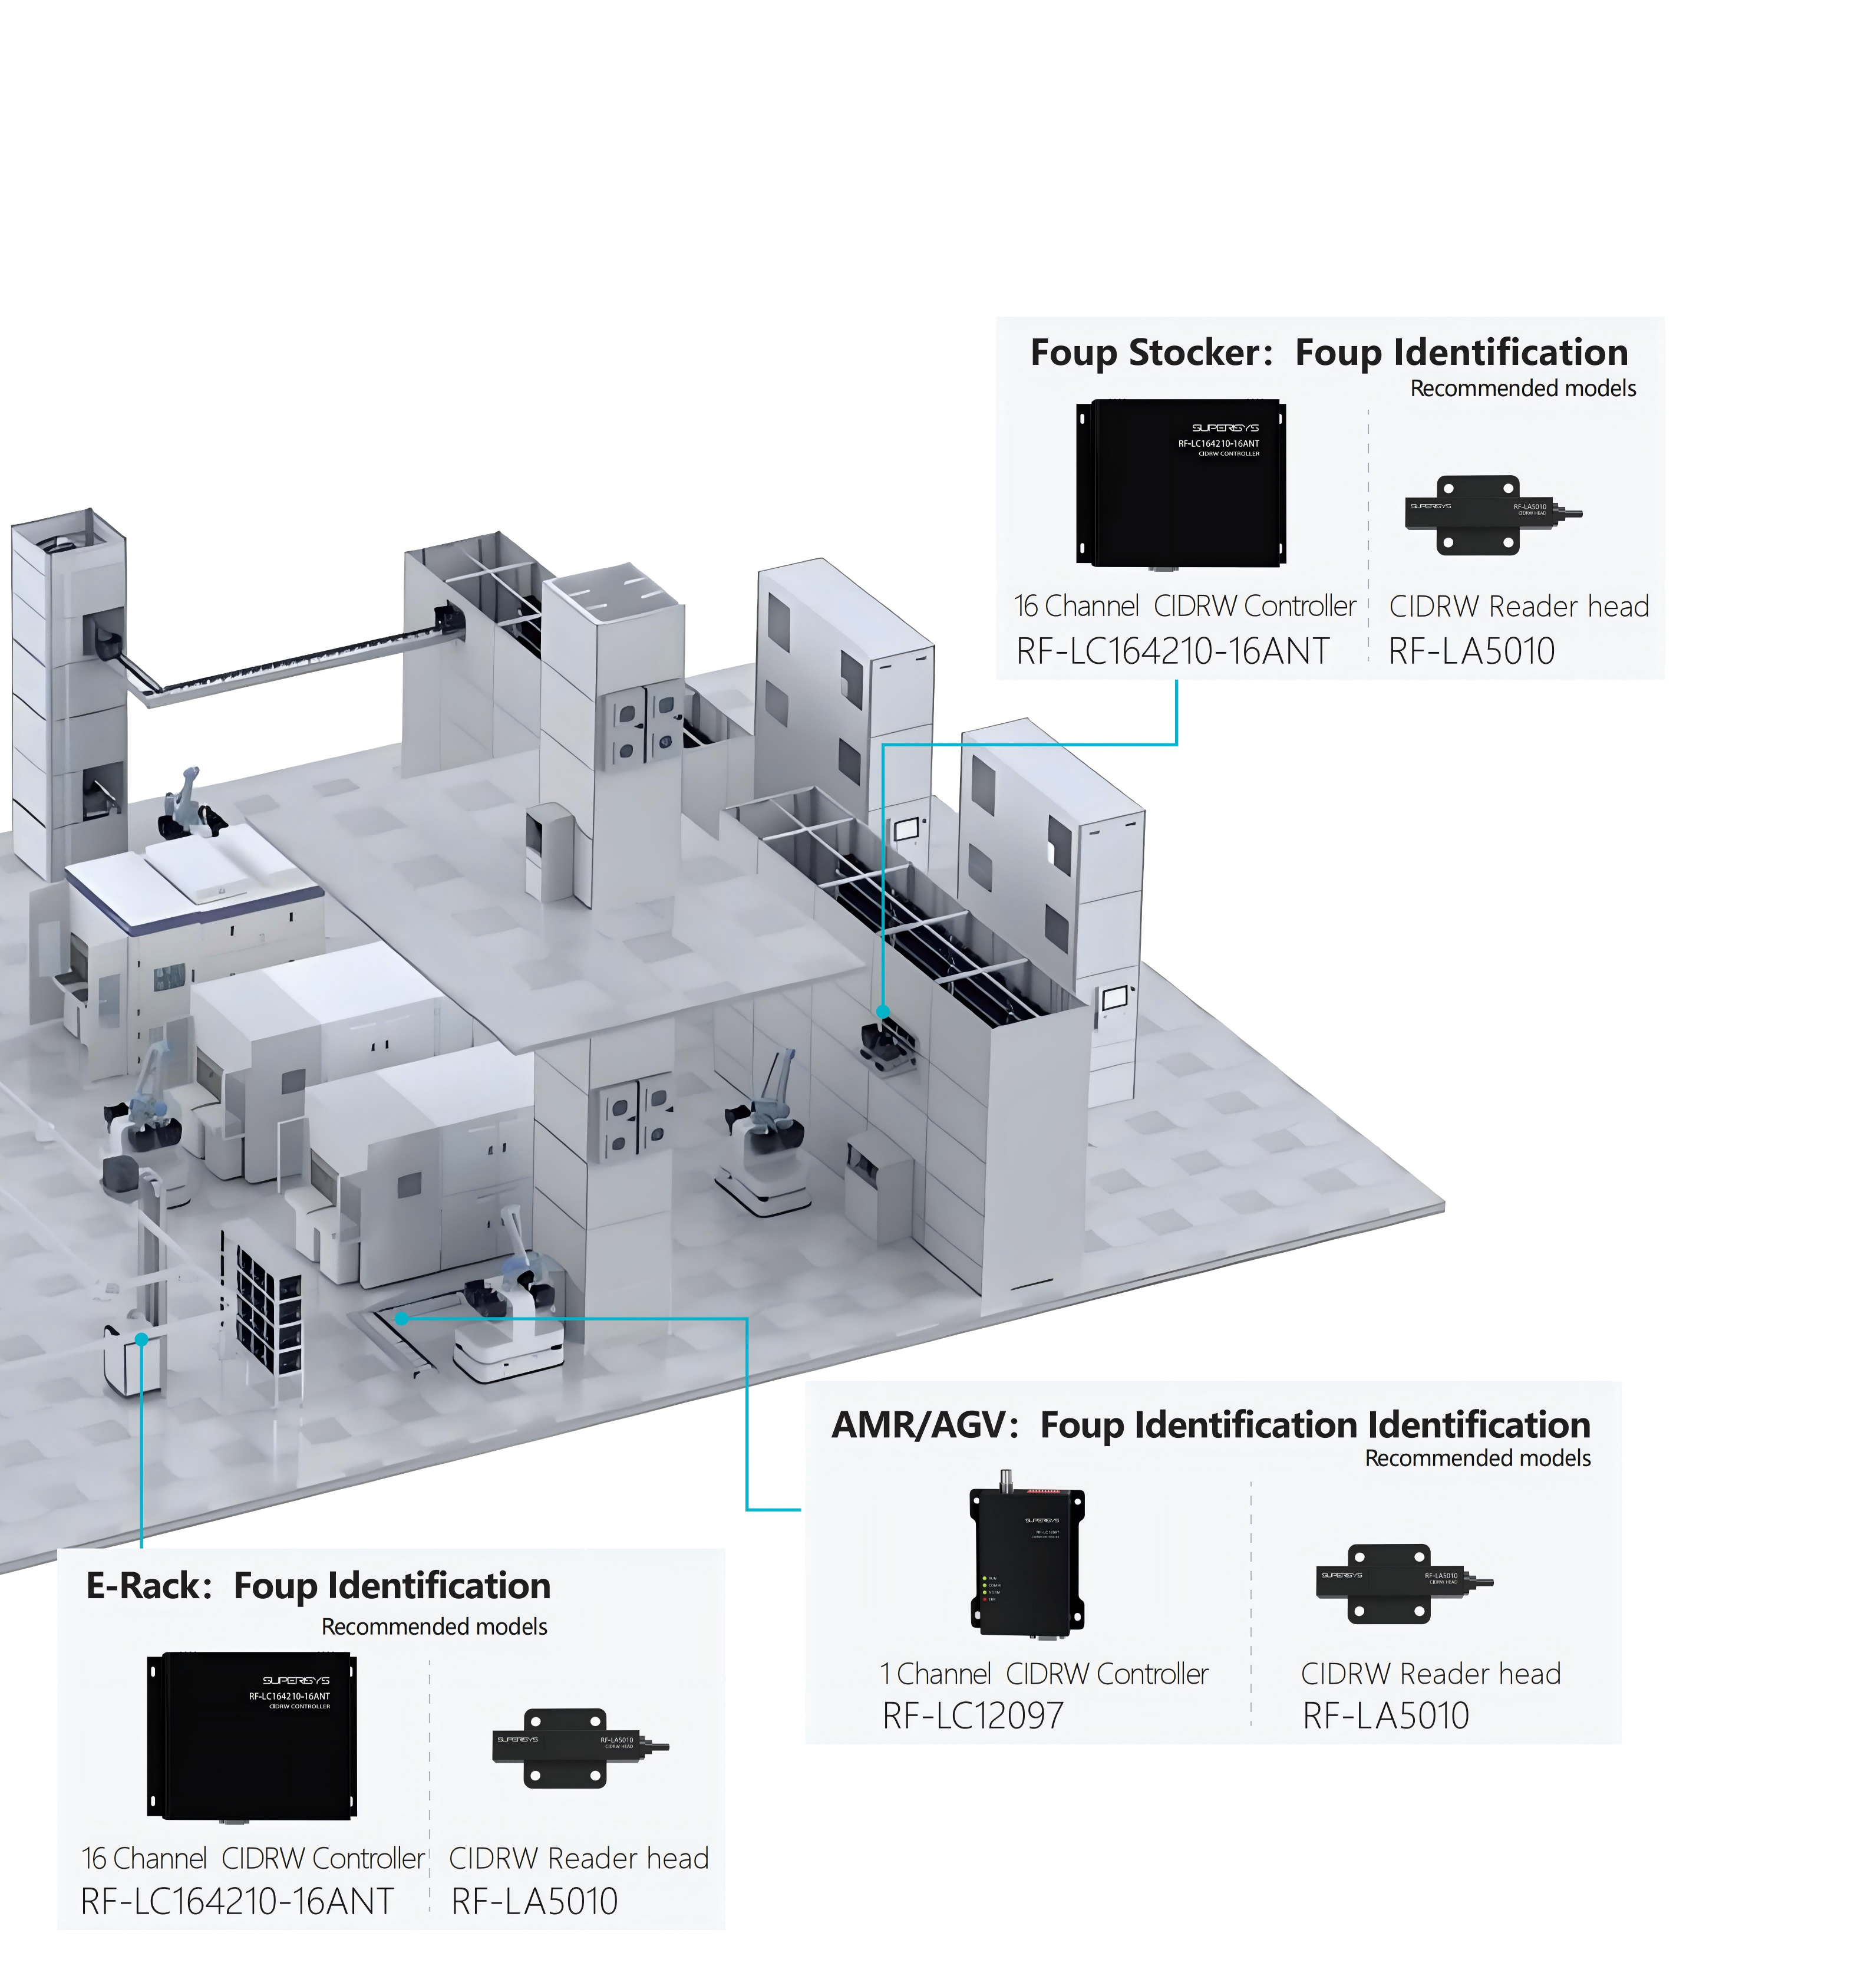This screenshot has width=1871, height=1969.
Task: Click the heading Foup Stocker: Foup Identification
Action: [x=1328, y=353]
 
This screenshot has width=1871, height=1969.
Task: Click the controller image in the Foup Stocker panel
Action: [x=1181, y=483]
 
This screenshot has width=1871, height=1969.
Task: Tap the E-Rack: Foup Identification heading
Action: [x=318, y=1586]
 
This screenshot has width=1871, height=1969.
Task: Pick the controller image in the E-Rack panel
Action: [x=251, y=1736]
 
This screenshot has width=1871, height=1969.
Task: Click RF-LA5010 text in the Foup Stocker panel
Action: [x=1471, y=651]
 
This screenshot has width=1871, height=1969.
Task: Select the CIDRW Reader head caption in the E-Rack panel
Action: [x=579, y=1857]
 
